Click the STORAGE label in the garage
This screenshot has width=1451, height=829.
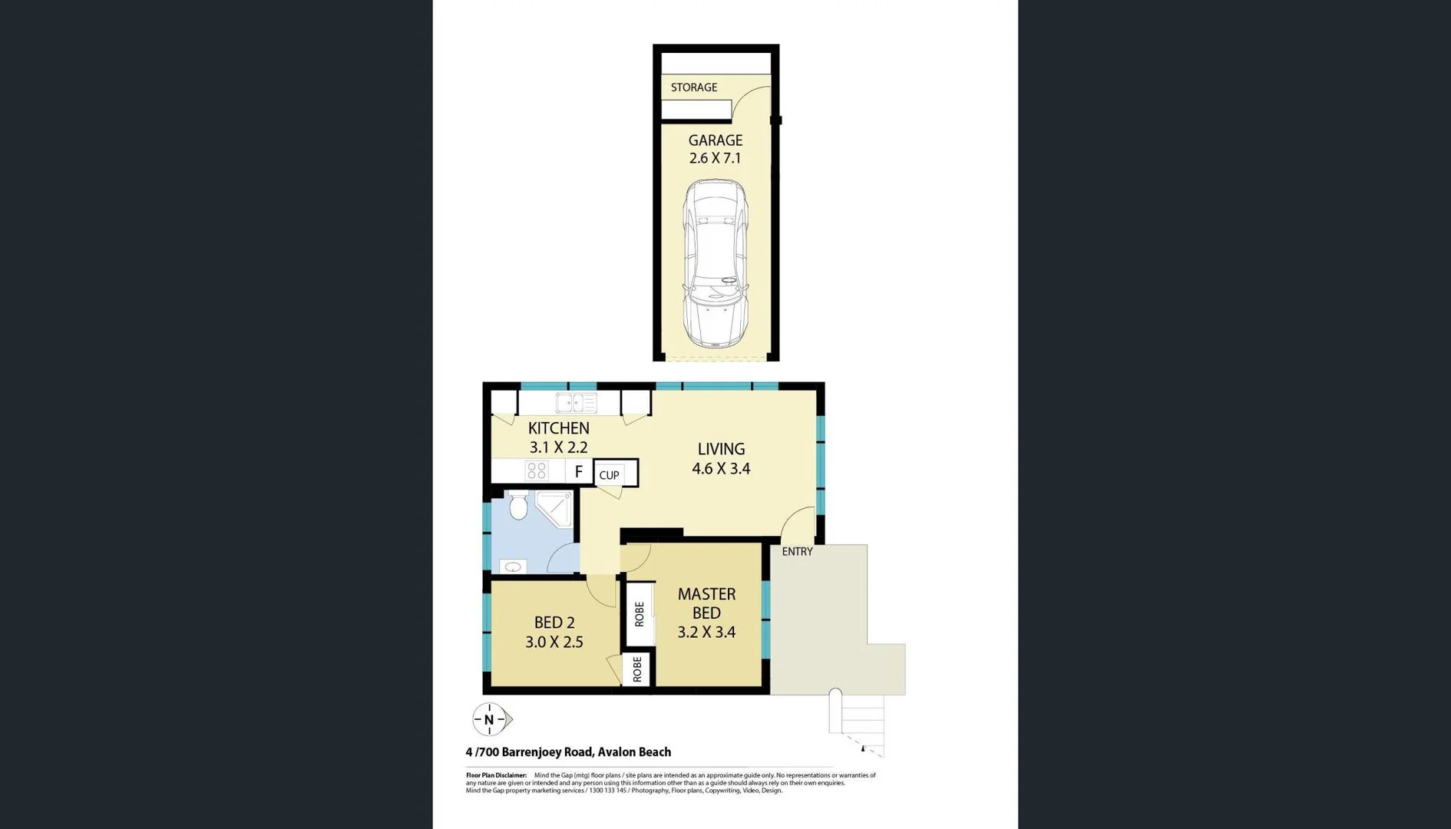(694, 88)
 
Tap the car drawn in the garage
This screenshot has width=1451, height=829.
(716, 263)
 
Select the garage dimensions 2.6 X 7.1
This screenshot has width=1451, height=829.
(715, 158)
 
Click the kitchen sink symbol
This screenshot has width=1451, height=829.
(577, 402)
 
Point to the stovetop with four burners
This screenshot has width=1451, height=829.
(537, 471)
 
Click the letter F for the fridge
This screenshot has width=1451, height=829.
(579, 471)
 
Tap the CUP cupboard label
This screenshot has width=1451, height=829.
(610, 475)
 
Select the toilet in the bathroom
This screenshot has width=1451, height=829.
(519, 505)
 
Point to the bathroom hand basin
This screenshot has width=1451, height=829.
(513, 567)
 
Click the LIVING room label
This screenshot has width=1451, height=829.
(721, 449)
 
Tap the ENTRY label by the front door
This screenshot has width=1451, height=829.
(797, 551)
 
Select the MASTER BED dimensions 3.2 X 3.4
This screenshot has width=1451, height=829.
(706, 632)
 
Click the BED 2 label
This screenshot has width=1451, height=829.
(554, 623)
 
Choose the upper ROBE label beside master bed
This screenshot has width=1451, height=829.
(640, 614)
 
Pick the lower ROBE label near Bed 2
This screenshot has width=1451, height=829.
(637, 669)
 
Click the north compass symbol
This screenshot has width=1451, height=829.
(490, 720)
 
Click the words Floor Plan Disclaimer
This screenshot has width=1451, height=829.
(496, 775)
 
